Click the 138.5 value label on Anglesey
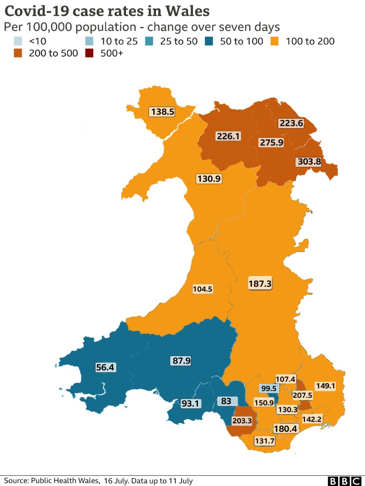click(163, 111)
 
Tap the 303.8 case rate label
click(309, 161)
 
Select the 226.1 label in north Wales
click(228, 136)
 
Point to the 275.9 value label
click(272, 142)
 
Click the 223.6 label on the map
click(291, 123)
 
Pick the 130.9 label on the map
click(209, 179)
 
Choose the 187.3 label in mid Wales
click(260, 284)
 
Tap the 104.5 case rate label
click(203, 289)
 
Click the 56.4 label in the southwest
click(105, 367)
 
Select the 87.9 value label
click(181, 360)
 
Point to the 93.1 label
click(190, 403)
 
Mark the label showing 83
click(227, 401)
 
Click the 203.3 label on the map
click(242, 421)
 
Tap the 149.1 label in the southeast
click(325, 386)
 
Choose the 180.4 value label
click(286, 428)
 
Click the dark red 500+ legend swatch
click(89, 53)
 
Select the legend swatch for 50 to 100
click(209, 41)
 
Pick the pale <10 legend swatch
click(18, 41)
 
